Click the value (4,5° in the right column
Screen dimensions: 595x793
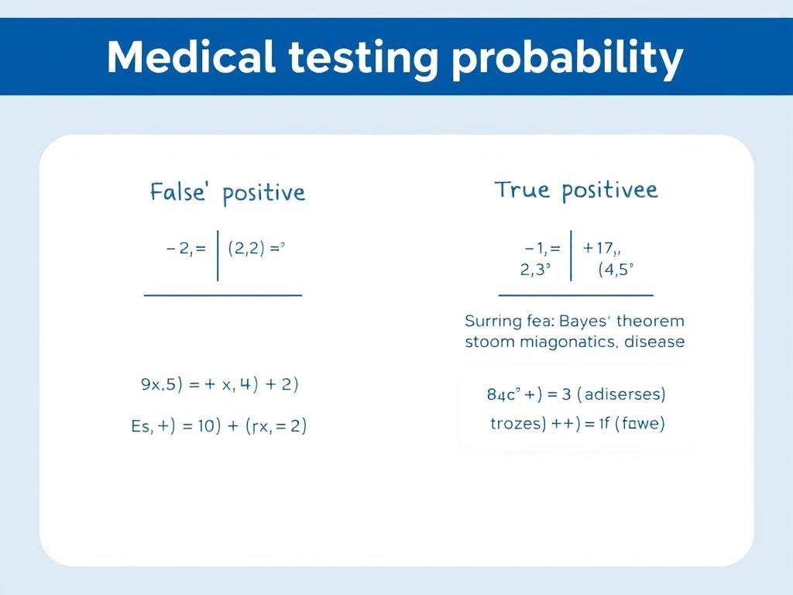click(616, 270)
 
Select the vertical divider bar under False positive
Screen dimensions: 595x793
click(218, 255)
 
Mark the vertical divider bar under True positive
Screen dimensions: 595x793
click(572, 255)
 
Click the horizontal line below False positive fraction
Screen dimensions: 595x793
click(223, 295)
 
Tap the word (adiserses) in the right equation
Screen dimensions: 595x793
click(624, 394)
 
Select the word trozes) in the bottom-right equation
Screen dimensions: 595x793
click(520, 424)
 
